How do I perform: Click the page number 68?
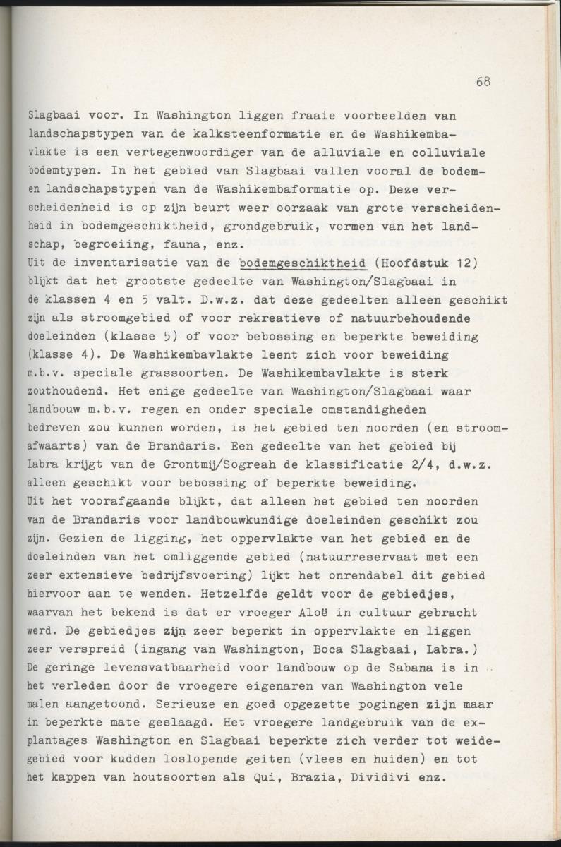483,81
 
